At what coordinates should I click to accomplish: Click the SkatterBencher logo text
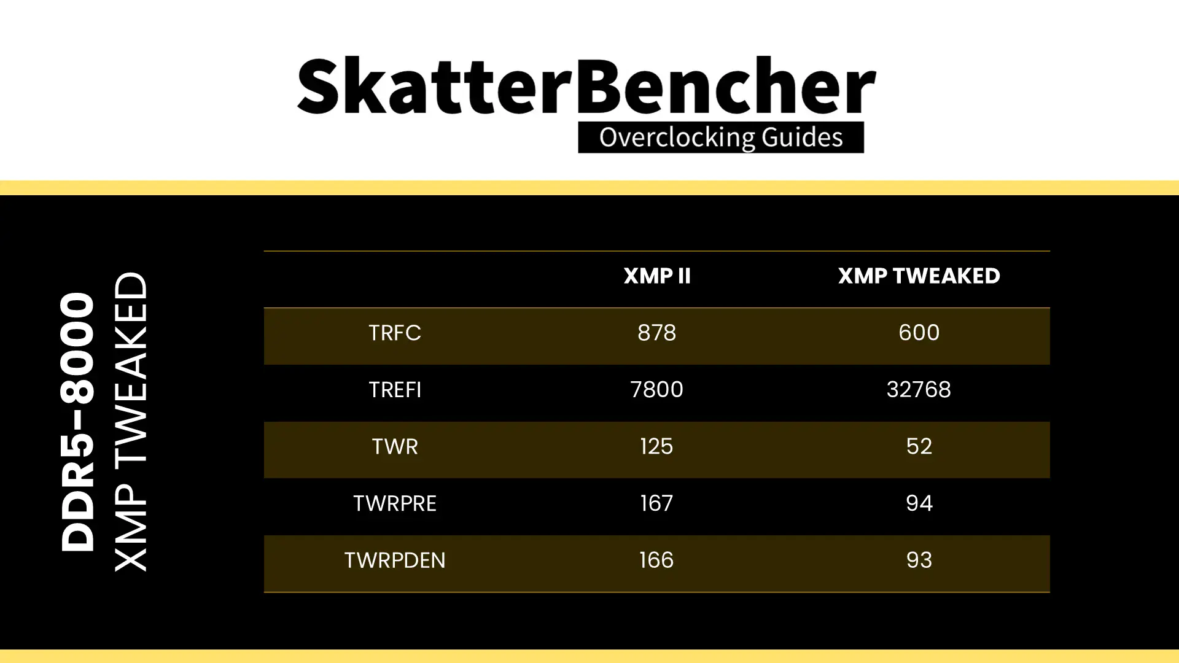(586, 85)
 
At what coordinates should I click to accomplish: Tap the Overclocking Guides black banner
(721, 138)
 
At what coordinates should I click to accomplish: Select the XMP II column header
(657, 276)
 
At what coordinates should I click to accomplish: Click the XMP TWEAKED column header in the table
(919, 276)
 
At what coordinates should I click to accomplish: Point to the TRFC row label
(395, 333)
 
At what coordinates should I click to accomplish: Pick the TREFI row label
(395, 390)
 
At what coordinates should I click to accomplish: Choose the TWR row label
(395, 446)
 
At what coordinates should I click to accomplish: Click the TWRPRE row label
(395, 503)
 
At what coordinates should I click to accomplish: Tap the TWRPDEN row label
(395, 560)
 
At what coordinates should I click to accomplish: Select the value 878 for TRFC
(656, 333)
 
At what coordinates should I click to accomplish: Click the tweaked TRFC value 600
(919, 333)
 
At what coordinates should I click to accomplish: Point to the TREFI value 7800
(656, 390)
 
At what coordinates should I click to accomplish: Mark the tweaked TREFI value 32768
(919, 390)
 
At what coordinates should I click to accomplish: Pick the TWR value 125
(656, 446)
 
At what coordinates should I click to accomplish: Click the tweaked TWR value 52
(919, 446)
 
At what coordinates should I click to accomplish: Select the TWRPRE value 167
(656, 503)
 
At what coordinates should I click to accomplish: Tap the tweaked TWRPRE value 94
(919, 503)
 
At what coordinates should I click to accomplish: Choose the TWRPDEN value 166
(656, 560)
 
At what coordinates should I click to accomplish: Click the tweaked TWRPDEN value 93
(919, 560)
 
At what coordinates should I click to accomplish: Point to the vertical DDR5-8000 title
(78, 422)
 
